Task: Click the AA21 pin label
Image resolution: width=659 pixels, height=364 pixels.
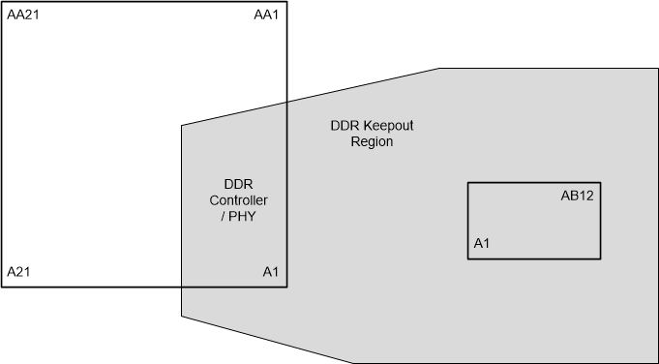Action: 23,15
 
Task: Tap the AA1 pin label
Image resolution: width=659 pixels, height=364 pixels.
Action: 266,15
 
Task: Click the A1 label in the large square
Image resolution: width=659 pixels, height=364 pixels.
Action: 271,272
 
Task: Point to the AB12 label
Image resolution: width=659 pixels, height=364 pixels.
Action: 577,196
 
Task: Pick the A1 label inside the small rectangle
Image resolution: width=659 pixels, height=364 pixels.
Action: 482,244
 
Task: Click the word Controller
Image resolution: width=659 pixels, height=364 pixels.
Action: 239,200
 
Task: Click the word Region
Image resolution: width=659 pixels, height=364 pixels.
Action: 372,142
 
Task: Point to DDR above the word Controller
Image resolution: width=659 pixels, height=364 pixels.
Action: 239,184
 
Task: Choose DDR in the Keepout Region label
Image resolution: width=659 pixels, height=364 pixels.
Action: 345,127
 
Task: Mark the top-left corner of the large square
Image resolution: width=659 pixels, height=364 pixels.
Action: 2,2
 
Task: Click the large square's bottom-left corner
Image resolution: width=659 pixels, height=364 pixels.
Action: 2,287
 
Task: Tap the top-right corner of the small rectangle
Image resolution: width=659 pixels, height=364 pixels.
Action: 600,183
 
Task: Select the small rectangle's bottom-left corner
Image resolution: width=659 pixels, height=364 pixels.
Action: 468,258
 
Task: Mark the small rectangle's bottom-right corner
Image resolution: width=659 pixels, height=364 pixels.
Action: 600,258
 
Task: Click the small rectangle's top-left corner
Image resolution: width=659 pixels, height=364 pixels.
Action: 468,183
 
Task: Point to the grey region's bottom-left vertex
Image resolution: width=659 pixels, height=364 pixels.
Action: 182,316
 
